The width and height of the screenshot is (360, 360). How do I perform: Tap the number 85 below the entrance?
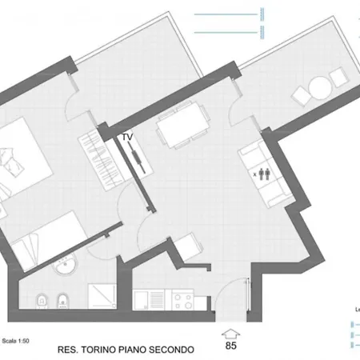point(230,346)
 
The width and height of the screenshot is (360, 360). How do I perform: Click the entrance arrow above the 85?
point(230,333)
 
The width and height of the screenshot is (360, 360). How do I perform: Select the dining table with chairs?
point(180,126)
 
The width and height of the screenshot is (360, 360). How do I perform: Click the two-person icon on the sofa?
point(265,170)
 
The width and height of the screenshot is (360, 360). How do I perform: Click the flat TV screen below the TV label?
point(139,162)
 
